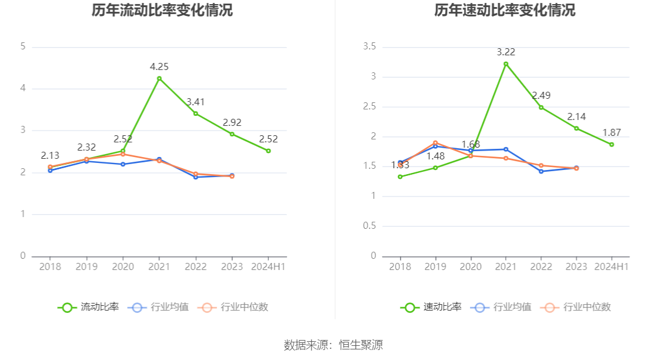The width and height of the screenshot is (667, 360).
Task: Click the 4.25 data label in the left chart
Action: coord(159,67)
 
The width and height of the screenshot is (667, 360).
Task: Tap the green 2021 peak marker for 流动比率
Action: coord(159,78)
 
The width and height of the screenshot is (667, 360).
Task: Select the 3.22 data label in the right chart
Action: coord(505,52)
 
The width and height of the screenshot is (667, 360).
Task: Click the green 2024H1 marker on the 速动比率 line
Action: coord(612,144)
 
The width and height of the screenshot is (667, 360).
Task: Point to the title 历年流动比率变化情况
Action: coord(162,11)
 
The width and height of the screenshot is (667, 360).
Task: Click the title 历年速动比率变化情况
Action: coord(505,11)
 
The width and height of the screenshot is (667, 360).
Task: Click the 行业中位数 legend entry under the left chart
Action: coord(234,307)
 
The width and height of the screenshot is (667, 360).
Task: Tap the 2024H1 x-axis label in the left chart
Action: coord(268,266)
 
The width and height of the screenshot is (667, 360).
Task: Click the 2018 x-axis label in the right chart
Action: coord(400,266)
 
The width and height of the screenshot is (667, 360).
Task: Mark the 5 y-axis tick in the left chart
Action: coord(23,46)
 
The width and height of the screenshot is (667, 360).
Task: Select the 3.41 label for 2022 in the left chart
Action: coord(196,102)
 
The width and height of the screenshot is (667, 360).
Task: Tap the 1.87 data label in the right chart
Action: coord(612,133)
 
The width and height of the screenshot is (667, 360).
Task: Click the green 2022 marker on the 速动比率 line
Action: coord(541,107)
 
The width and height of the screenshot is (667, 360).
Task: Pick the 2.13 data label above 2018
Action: coord(50,156)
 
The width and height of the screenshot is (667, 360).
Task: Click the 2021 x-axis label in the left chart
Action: coord(159,266)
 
